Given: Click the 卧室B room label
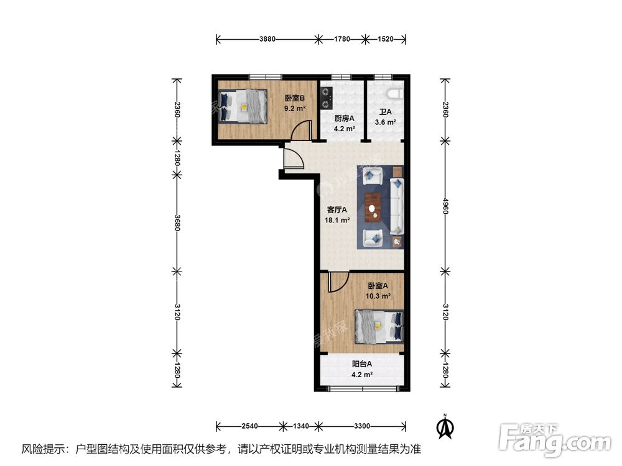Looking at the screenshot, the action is [295, 98].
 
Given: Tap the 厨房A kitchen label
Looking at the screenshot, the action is [344, 118].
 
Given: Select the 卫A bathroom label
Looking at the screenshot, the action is [385, 112].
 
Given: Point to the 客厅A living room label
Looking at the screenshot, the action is [337, 209].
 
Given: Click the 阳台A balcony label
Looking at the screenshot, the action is [362, 363].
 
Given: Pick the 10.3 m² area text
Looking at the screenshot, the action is [378, 296].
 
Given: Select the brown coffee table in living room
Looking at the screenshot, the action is [373, 206].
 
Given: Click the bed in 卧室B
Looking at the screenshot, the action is [243, 106].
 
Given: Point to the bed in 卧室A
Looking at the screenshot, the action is [379, 327].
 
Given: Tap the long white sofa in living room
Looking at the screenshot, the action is [397, 206].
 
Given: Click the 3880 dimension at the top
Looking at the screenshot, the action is [267, 39].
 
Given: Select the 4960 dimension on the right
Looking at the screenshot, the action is [445, 206].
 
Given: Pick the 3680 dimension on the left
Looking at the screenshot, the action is [177, 222].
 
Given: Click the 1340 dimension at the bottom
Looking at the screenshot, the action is [300, 426].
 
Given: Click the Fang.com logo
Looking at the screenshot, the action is [555, 440].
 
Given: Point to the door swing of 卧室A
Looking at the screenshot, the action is [338, 282].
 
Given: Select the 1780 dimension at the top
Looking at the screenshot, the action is [342, 39].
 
